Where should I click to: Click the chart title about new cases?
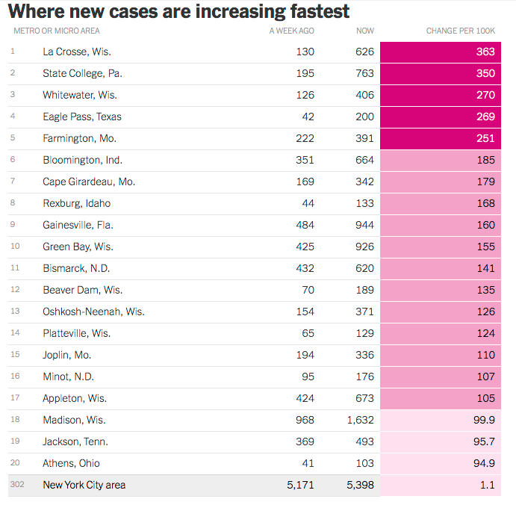click(x=178, y=11)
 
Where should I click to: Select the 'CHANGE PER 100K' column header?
click(x=460, y=31)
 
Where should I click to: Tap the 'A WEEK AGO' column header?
click(x=292, y=31)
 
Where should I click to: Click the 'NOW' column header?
click(x=365, y=31)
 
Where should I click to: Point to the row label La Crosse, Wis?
click(x=77, y=52)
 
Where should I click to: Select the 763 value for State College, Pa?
click(x=364, y=73)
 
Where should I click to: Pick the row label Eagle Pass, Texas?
click(x=82, y=117)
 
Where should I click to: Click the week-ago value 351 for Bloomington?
click(x=305, y=160)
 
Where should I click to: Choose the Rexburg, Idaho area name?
click(x=76, y=203)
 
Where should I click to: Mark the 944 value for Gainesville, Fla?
click(x=364, y=225)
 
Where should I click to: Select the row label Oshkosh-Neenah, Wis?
click(x=93, y=312)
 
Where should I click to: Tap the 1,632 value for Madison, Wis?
click(x=361, y=420)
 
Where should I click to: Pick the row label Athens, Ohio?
click(x=71, y=463)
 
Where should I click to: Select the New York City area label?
click(x=84, y=485)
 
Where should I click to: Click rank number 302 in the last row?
click(x=16, y=485)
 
